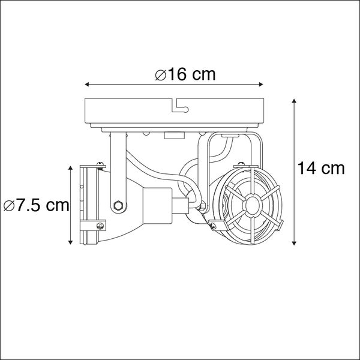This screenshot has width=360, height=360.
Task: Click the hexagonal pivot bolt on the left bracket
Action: pyautogui.click(x=118, y=206)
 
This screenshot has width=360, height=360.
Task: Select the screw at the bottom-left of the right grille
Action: pyautogui.click(x=212, y=224)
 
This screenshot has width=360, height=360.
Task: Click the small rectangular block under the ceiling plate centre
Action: pyautogui.click(x=172, y=136)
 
